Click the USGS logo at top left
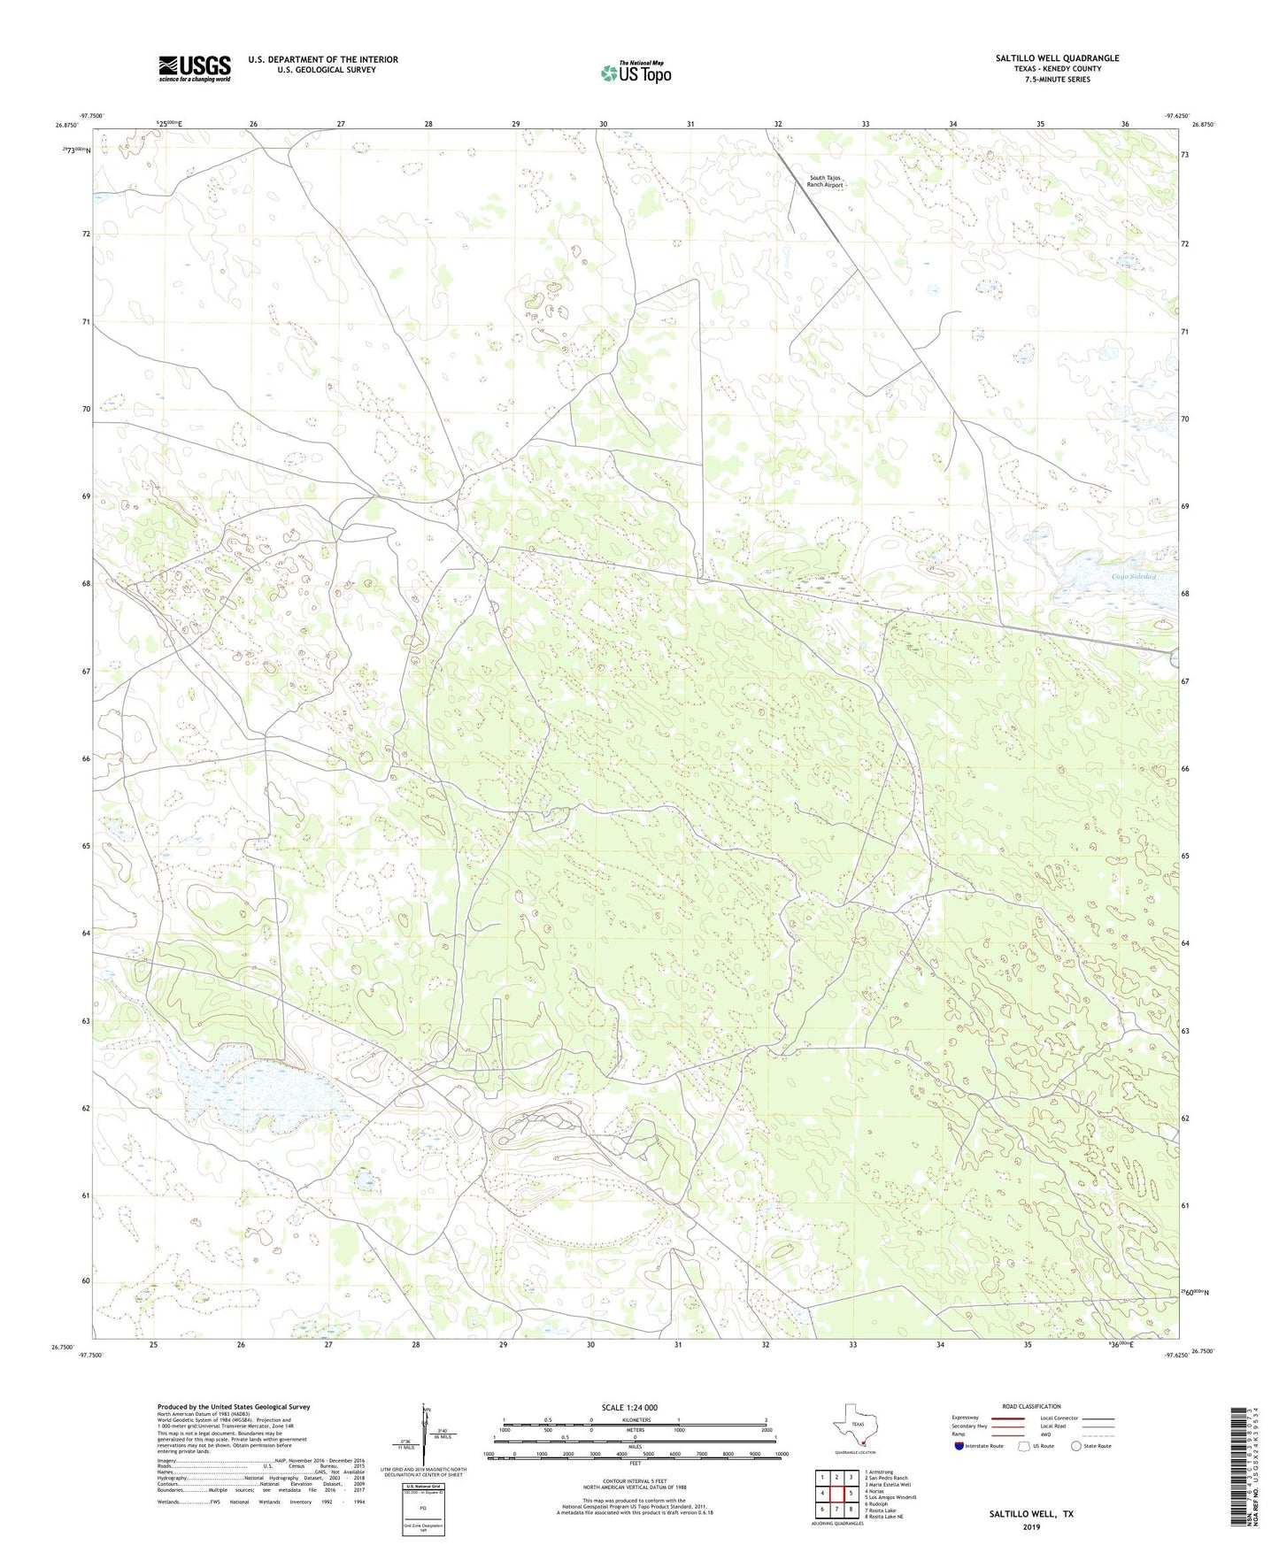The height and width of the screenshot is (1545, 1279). pos(195,68)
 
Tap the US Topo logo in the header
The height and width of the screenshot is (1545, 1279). pos(636,73)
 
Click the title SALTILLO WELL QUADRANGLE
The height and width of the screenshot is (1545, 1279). pos(1057,58)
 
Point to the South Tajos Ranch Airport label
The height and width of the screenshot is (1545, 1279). pos(825,181)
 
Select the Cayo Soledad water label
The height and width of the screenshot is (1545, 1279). pos(1133,577)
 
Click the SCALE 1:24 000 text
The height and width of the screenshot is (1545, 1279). pos(629,1407)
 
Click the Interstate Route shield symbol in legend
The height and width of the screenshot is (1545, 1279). pos(959,1446)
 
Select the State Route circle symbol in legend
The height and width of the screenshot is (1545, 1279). pos(1076,1446)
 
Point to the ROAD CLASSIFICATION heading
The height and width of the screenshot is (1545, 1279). pos(1031,1406)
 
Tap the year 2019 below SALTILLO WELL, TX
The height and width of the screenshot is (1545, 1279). pos(1030,1526)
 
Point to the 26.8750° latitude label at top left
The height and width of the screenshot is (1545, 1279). pos(68,126)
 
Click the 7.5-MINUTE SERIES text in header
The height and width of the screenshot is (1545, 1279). pos(1057,80)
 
